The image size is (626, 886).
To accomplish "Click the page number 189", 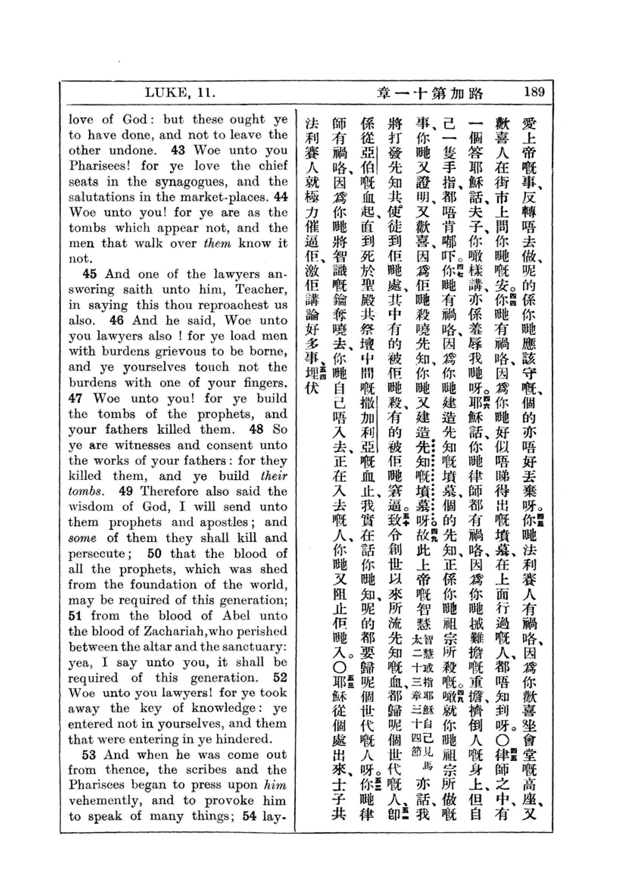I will (x=534, y=92).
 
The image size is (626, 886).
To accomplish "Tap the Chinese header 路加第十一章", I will (x=430, y=94).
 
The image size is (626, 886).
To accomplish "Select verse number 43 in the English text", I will (x=179, y=150).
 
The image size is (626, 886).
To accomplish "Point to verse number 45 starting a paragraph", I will (x=90, y=274).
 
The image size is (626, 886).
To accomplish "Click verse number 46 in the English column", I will (x=117, y=320).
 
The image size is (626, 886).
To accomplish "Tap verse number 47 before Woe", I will (x=76, y=398).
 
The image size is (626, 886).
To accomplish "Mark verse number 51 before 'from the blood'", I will (x=76, y=616).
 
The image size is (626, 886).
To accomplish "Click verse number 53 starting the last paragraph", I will (x=90, y=755).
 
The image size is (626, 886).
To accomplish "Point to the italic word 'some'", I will (x=81, y=538).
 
